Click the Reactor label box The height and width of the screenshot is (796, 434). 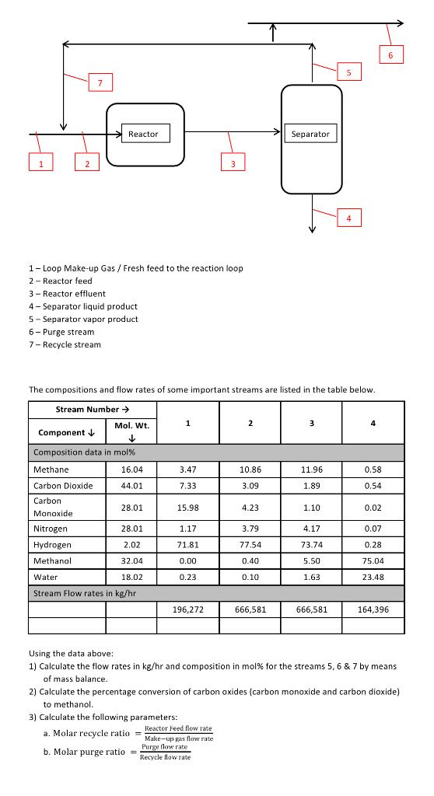tap(143, 134)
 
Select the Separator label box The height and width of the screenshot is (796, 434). tap(310, 134)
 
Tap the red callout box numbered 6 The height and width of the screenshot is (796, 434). tap(391, 54)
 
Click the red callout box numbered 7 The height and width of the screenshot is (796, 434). tap(100, 82)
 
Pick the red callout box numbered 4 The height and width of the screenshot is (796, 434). tap(348, 218)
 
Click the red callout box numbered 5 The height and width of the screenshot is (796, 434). tap(349, 72)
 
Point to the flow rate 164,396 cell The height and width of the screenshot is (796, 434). tap(373, 609)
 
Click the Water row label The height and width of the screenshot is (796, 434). tap(44, 577)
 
